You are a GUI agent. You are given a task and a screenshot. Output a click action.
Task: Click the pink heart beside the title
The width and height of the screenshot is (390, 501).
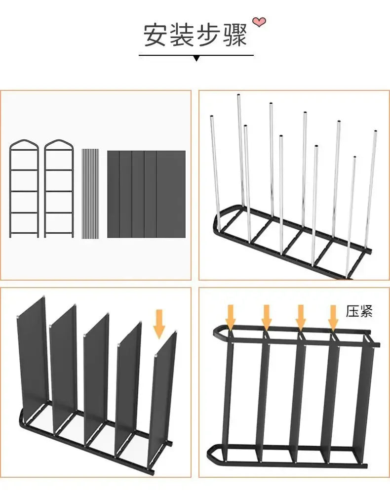tap(259, 21)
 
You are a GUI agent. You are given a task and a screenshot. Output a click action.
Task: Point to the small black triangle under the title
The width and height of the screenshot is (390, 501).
tap(196, 58)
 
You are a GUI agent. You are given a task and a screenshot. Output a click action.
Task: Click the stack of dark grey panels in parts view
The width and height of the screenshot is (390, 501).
tap(146, 193)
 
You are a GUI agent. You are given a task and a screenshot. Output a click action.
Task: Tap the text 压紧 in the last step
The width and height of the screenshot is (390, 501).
tap(359, 311)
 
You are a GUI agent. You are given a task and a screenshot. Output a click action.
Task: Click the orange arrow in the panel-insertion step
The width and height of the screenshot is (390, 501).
tap(158, 324)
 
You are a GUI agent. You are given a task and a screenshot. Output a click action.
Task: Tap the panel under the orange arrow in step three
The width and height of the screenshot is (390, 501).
tap(163, 390)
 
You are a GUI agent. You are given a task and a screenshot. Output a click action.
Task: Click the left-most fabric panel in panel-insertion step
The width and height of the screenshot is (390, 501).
tap(34, 356)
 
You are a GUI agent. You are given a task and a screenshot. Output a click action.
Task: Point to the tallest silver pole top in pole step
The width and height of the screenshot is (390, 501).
tap(238, 96)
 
